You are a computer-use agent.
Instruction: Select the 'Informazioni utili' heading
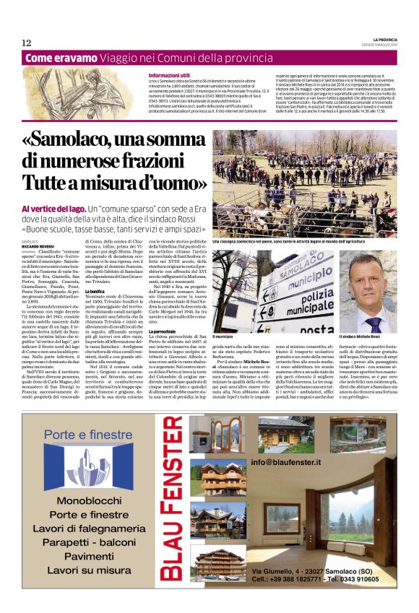coord(168,75)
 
